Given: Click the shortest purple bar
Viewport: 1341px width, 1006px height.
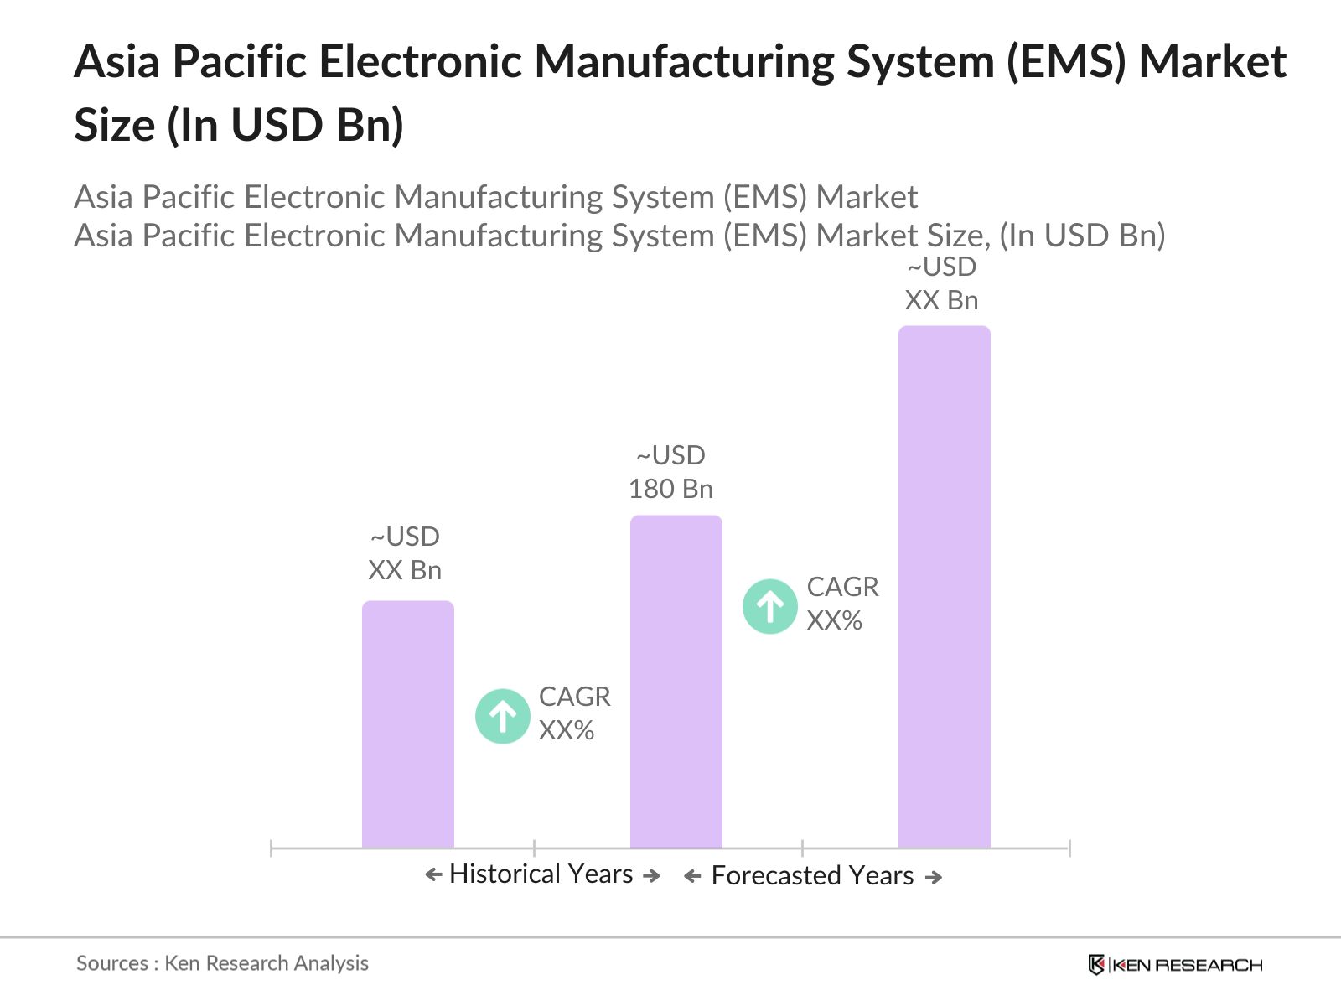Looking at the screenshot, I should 408,724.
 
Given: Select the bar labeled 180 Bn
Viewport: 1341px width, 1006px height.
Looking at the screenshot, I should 676,682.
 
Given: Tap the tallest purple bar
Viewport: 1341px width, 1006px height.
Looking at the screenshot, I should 945,587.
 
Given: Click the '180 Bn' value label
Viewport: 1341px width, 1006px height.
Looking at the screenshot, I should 670,489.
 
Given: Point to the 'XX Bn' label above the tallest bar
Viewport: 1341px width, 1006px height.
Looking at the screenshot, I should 941,300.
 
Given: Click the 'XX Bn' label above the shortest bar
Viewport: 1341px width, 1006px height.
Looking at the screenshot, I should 405,570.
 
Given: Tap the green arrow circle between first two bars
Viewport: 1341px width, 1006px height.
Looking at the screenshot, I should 503,717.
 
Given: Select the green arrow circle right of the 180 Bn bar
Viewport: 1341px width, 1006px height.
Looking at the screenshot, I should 770,606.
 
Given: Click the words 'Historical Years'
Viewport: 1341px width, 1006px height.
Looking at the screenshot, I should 541,874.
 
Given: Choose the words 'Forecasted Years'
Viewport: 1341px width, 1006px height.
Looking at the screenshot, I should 812,876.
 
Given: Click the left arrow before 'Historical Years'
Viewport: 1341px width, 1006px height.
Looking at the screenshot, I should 433,875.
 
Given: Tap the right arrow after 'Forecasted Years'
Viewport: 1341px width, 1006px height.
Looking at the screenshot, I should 934,878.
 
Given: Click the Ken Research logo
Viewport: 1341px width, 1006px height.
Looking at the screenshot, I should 1175,965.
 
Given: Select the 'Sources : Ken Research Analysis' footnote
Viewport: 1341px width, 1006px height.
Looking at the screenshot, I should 222,963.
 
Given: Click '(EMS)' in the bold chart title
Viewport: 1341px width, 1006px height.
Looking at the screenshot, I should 1064,62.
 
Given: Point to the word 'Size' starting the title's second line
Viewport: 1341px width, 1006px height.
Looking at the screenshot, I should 115,126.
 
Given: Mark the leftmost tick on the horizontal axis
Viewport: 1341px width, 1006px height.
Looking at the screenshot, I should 272,848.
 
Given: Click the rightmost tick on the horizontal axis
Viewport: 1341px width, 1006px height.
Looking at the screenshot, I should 1069,848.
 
